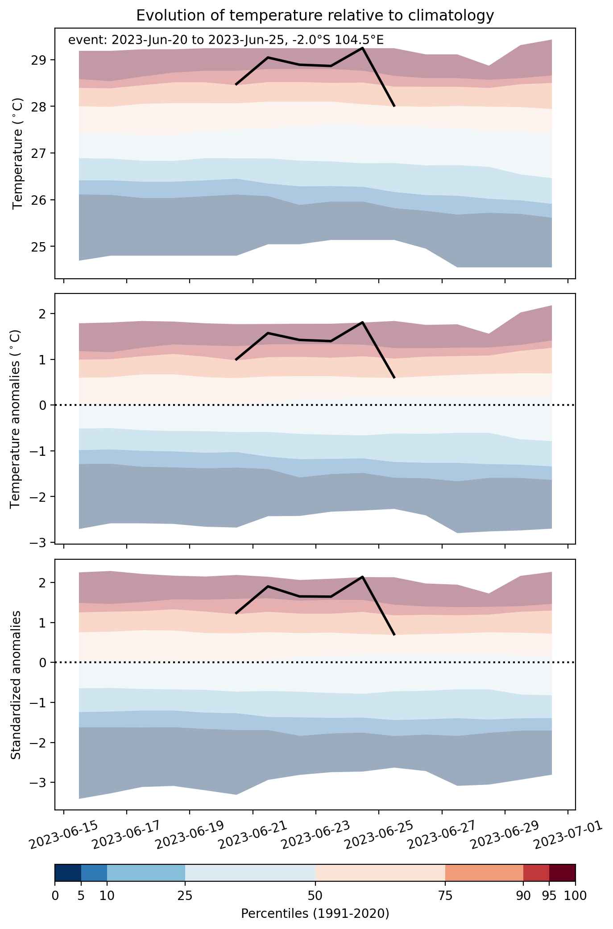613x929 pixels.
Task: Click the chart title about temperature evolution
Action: pyautogui.click(x=315, y=15)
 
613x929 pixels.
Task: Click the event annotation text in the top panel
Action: pyautogui.click(x=226, y=40)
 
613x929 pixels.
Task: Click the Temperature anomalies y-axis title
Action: pyautogui.click(x=16, y=419)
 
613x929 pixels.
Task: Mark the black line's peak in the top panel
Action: pyautogui.click(x=362, y=48)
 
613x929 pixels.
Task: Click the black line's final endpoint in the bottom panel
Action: pyautogui.click(x=394, y=635)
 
